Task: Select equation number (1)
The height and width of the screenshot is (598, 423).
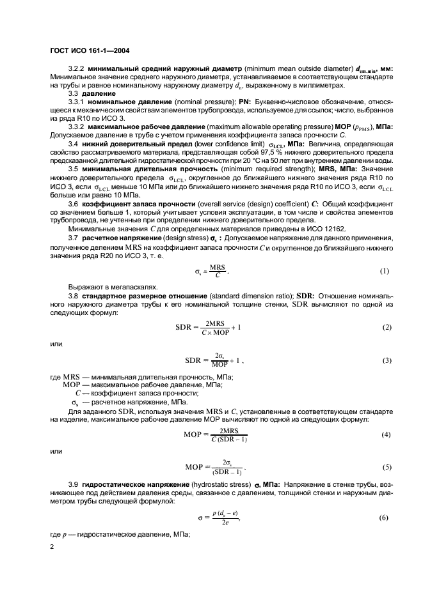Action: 384,271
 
